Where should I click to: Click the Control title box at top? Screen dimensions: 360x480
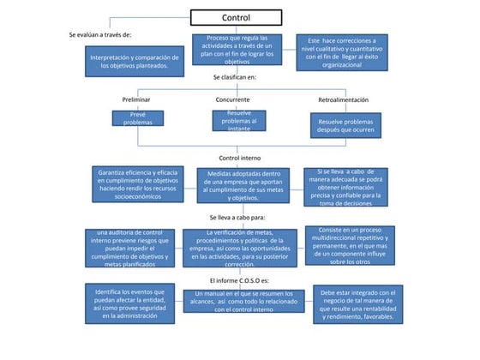tap(236, 17)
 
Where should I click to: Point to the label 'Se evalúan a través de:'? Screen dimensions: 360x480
tap(100, 34)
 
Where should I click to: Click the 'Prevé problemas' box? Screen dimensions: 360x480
tap(137, 118)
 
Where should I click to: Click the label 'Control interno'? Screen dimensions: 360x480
tap(240, 158)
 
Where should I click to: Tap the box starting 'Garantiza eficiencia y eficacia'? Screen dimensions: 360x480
tap(137, 184)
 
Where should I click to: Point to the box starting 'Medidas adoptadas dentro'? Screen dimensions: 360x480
tap(244, 186)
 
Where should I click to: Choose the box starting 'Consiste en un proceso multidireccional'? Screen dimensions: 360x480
tap(345, 245)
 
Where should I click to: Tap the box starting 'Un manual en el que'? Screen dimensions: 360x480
tap(244, 301)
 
